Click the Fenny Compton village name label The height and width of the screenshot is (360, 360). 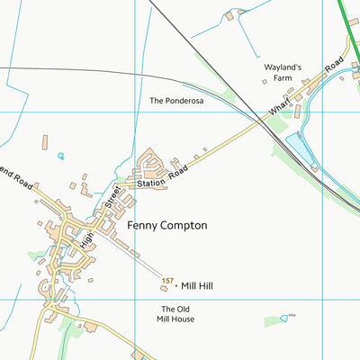(167, 225)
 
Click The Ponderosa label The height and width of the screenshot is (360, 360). (177, 102)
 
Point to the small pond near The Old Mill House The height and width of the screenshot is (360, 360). (285, 317)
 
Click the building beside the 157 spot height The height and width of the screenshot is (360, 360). (164, 289)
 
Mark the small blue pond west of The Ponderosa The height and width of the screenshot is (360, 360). (61, 156)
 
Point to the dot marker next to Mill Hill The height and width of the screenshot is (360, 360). (175, 284)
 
